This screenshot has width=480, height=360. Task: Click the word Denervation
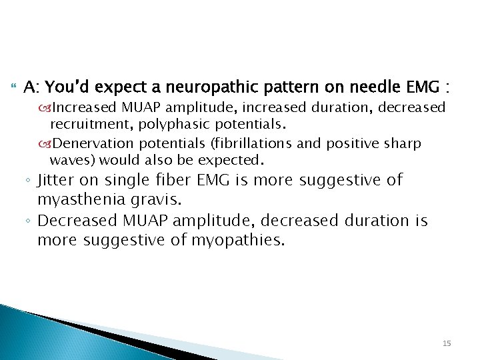click(86, 143)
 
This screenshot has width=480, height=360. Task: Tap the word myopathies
click(241, 240)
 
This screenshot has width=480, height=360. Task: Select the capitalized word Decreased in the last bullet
click(78, 221)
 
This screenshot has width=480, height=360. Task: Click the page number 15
click(447, 343)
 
